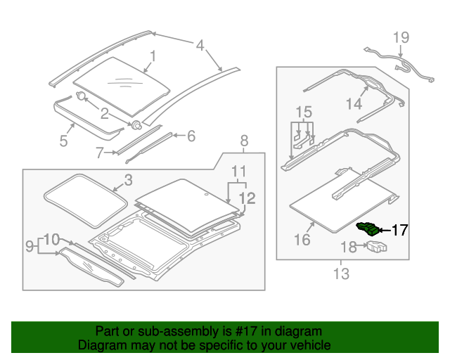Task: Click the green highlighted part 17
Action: coord(368,229)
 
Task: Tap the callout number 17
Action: coord(400,230)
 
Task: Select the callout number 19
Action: coord(401,37)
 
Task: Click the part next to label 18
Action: coord(377,247)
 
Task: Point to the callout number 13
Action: coord(341,274)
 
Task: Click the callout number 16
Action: coord(302,240)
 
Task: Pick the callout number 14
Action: coord(354,103)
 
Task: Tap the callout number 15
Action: coord(304,112)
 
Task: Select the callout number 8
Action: coord(244,141)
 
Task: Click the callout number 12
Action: coord(247,198)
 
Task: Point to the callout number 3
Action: coord(128,180)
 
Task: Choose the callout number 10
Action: coord(51,240)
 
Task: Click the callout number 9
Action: coord(30,246)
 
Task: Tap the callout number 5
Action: coord(63,141)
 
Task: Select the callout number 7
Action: coord(99,153)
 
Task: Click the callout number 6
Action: coord(191,136)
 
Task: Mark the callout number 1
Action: coord(153,56)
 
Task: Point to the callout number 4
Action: coord(200,46)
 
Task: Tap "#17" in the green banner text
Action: coord(246,331)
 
